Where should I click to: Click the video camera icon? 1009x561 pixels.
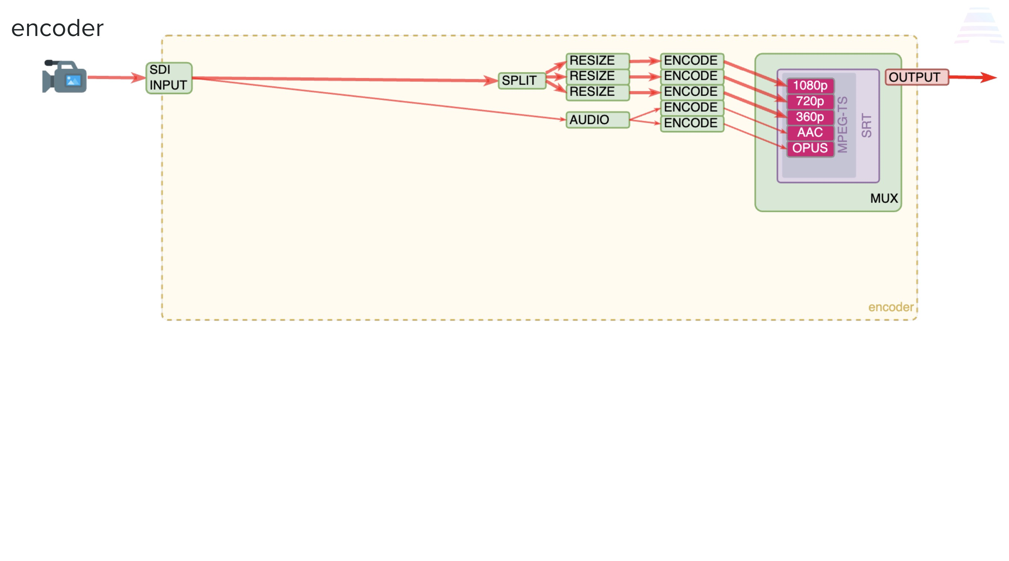pyautogui.click(x=64, y=76)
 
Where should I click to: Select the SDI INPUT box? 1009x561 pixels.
pyautogui.click(x=169, y=78)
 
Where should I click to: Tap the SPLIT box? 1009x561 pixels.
pyautogui.click(x=522, y=81)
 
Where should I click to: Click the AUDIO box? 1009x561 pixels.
pyautogui.click(x=598, y=120)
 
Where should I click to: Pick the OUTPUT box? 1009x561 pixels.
pyautogui.click(x=917, y=77)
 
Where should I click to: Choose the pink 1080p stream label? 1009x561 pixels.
pyautogui.click(x=810, y=85)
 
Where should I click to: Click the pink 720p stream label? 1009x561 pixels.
pyautogui.click(x=810, y=101)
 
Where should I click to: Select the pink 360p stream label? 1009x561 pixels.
pyautogui.click(x=810, y=117)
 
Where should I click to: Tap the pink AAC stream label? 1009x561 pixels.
pyautogui.click(x=810, y=132)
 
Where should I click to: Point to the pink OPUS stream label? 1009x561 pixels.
pyautogui.click(x=810, y=148)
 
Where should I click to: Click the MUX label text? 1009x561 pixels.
pyautogui.click(x=884, y=198)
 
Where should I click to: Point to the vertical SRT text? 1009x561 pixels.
pyautogui.click(x=866, y=125)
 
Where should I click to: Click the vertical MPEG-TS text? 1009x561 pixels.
pyautogui.click(x=842, y=125)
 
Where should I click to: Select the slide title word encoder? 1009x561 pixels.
pyautogui.click(x=57, y=29)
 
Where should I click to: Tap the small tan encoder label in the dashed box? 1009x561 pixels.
pyautogui.click(x=891, y=307)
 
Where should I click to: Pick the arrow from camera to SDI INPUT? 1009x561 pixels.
pyautogui.click(x=116, y=77)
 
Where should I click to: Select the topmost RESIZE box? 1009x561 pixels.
pyautogui.click(x=598, y=61)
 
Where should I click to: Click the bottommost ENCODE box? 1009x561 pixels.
pyautogui.click(x=692, y=123)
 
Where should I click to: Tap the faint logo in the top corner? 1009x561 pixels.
pyautogui.click(x=979, y=26)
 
